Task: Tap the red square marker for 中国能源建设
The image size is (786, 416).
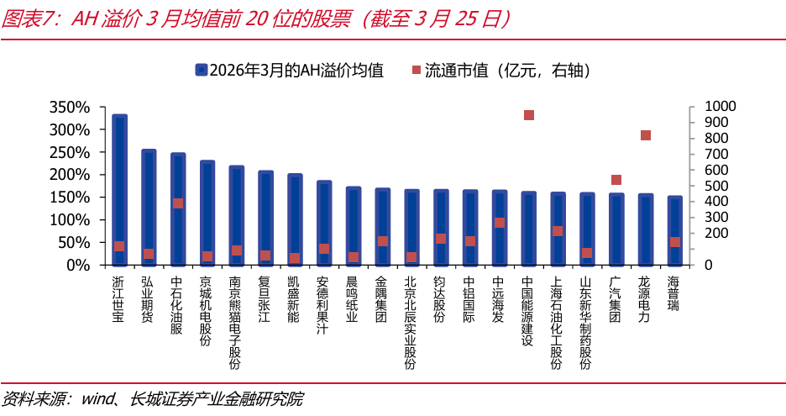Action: [529, 115]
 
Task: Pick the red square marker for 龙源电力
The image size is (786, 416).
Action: [646, 135]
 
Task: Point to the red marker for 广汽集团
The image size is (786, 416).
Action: [616, 180]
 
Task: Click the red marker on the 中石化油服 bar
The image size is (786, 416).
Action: [178, 203]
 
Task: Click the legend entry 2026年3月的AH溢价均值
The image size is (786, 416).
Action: [289, 70]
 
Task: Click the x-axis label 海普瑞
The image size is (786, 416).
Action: [674, 293]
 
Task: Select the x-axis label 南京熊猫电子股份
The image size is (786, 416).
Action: [236, 323]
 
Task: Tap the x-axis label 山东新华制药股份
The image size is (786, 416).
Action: [586, 323]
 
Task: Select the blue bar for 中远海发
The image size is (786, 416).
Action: [500, 227]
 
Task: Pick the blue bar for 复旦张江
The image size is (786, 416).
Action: [265, 218]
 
